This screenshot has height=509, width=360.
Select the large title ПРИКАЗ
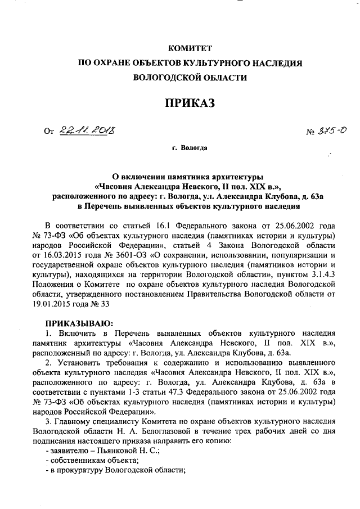click(x=189, y=102)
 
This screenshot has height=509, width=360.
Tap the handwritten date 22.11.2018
click(x=85, y=131)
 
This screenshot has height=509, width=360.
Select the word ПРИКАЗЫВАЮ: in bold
click(x=79, y=323)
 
